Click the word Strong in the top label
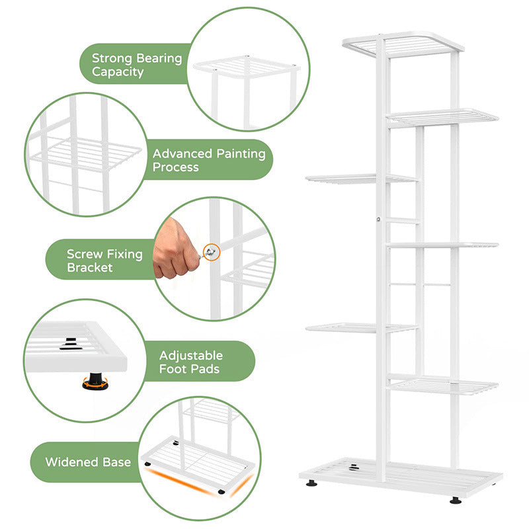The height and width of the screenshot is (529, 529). pos(112,58)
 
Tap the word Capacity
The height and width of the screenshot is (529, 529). pos(118,72)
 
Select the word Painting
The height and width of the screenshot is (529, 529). pos(241,154)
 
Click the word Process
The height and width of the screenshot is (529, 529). pos(175,167)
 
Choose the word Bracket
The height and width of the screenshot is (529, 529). pos(90,268)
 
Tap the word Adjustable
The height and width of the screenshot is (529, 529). pos(191,356)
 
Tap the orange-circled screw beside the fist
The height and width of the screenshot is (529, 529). pos(211,252)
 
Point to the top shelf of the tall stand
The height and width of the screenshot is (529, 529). pos(403,44)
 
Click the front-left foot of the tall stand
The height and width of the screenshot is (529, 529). pos(311,483)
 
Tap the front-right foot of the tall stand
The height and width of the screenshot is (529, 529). pos(456,501)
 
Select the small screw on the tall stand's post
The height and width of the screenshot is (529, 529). pos(378,220)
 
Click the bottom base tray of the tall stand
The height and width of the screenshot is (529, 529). pos(401,476)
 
